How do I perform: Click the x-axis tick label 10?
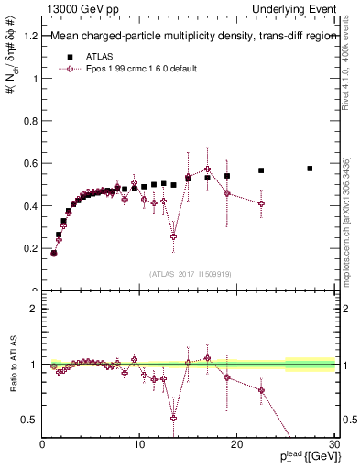point(139,445)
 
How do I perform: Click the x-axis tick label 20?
point(236,445)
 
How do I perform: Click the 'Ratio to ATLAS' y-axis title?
point(12,365)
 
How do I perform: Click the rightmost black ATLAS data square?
point(310,169)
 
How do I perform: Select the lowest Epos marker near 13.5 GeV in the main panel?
point(173,236)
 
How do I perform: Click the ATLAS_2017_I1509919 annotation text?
point(190,273)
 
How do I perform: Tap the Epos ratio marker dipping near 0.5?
point(173,418)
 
